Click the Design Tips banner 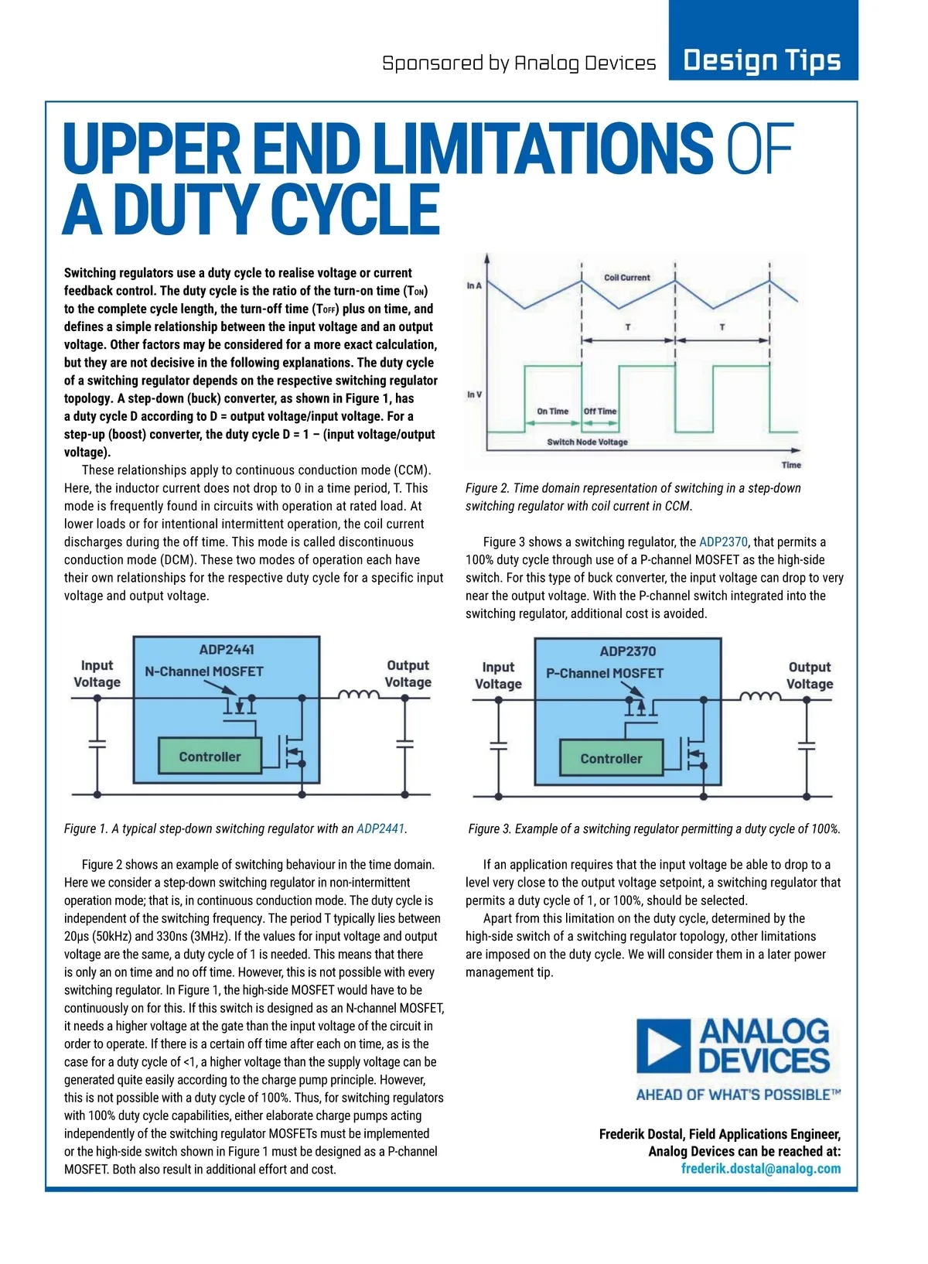coord(763,60)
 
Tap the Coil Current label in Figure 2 coord(626,277)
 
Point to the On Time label coord(552,412)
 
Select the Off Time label coord(600,412)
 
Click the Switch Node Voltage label coord(587,442)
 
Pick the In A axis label coord(474,286)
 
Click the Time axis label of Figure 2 coord(791,465)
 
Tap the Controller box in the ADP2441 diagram coord(210,757)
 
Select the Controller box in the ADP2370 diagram coord(611,759)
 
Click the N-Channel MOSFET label coord(204,671)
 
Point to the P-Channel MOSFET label coord(605,673)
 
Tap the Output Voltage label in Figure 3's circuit coord(810,675)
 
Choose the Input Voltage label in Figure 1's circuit coord(97,674)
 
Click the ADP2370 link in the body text coord(723,541)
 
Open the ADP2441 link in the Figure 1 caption coord(380,828)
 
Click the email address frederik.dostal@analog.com coord(760,1168)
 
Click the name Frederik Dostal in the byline coord(641,1134)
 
